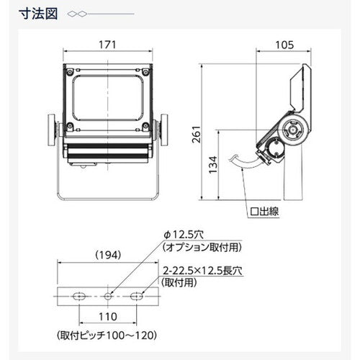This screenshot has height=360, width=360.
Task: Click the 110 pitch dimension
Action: [x=107, y=315]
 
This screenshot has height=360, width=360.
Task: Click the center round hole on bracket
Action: [x=107, y=295]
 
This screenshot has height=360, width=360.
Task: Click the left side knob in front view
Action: [x=51, y=127]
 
